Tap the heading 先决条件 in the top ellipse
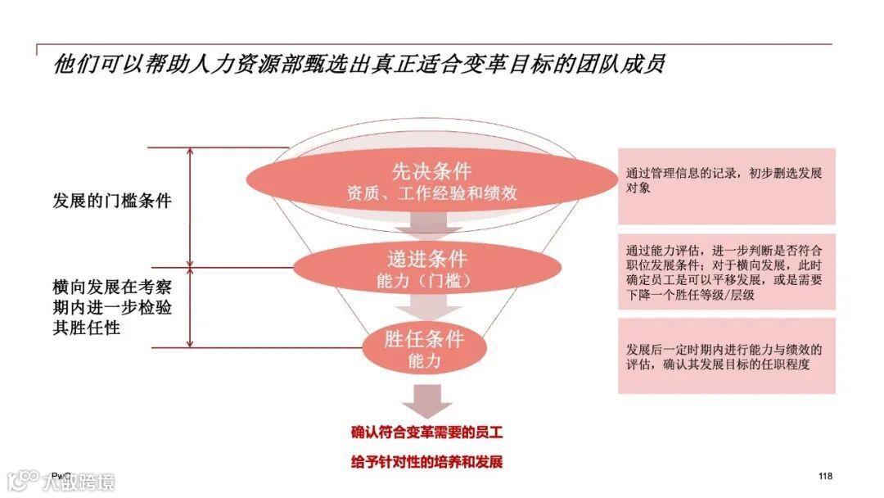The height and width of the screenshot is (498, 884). pos(431,171)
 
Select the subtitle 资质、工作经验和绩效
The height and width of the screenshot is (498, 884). pos(431,194)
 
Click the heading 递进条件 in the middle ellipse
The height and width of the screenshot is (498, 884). pos(426,259)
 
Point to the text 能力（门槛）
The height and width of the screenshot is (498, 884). pos(425,281)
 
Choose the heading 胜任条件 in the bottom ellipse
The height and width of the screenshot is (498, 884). pos(424,339)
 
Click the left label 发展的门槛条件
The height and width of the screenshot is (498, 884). pos(112,200)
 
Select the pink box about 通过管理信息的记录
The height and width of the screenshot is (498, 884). pos(726,185)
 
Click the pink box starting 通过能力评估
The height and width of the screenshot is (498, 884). pos(726,272)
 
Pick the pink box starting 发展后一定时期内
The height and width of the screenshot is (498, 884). pos(726,356)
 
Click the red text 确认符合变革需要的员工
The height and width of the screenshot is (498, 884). pos(426,432)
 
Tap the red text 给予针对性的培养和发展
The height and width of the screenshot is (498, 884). pos(426,461)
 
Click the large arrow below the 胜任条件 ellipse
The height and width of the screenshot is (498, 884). pos(426,399)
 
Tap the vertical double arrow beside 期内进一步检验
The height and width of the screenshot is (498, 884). pos(190,307)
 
